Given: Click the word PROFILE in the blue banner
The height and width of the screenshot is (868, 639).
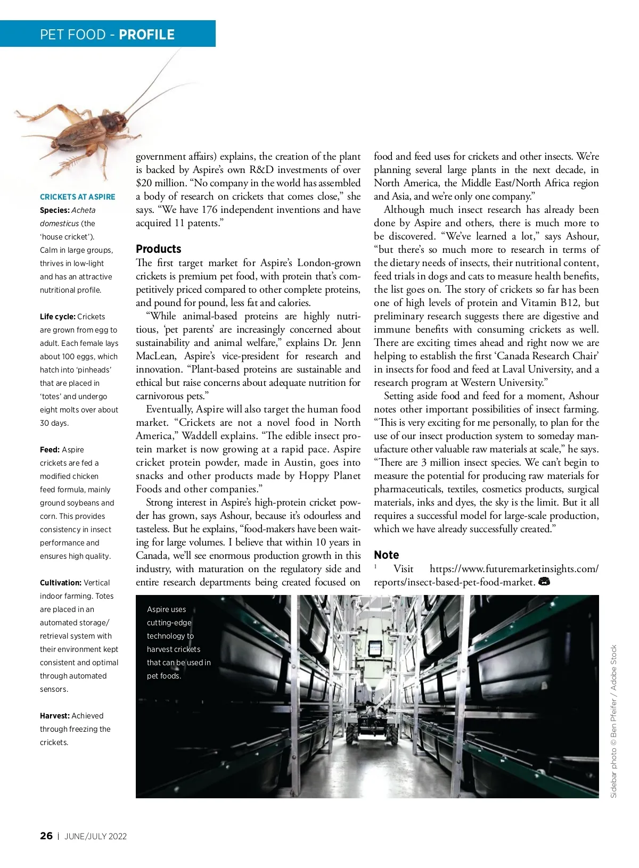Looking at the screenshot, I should click(x=146, y=35).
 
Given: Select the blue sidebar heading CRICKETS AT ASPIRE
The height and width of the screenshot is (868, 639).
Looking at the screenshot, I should click(x=77, y=197).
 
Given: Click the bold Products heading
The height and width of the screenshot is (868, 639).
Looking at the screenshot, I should click(x=158, y=249).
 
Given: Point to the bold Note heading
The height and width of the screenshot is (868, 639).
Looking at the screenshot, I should click(x=386, y=555).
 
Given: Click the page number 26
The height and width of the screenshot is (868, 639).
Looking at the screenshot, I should click(x=46, y=836).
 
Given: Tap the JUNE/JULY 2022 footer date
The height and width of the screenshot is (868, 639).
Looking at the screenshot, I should click(x=96, y=836).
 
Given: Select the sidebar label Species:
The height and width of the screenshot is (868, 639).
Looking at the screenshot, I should click(x=54, y=210).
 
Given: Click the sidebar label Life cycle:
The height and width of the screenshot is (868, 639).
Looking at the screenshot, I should click(x=58, y=317).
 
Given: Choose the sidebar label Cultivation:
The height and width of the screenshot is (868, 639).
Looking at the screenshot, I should click(x=60, y=583).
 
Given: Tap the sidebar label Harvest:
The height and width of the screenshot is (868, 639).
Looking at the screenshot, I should click(x=54, y=716).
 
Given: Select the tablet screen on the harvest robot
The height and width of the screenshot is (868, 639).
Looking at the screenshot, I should click(x=376, y=648).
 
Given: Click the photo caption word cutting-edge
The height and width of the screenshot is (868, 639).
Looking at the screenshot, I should click(x=169, y=623).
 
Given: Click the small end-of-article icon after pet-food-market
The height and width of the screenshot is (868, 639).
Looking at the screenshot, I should click(x=544, y=582).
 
